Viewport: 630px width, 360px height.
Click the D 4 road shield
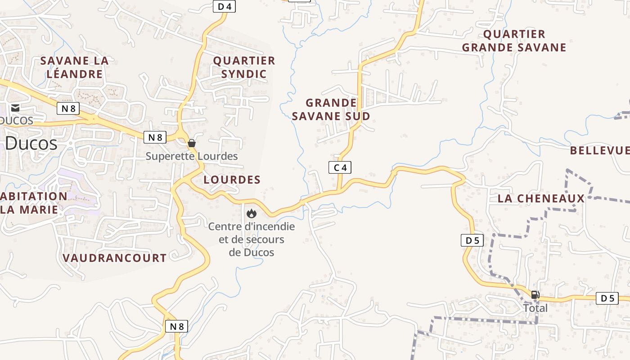click(x=224, y=6)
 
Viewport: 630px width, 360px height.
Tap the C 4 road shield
click(x=340, y=168)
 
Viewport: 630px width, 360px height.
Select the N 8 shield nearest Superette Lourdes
click(x=155, y=137)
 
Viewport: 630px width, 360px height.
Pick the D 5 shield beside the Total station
click(x=607, y=298)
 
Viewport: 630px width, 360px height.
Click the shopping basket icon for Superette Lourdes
click(x=192, y=143)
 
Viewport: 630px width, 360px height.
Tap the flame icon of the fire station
click(x=251, y=213)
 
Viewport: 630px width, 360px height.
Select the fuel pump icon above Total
click(x=535, y=295)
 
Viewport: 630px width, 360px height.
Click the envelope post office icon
click(x=15, y=108)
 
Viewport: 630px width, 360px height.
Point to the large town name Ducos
click(x=31, y=144)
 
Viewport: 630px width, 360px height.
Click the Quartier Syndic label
click(x=244, y=67)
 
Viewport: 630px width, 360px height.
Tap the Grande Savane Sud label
click(x=331, y=109)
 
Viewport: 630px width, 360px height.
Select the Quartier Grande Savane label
click(x=514, y=41)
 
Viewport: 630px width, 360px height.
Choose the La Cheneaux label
click(x=541, y=198)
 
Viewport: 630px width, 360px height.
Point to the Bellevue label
click(x=599, y=150)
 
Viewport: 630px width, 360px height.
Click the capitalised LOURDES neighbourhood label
click(x=232, y=180)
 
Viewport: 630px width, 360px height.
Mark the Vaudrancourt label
click(x=115, y=258)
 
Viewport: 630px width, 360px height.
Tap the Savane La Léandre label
click(x=75, y=67)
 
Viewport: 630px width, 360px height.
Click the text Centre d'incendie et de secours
click(x=252, y=233)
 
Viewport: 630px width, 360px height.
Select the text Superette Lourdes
click(x=192, y=156)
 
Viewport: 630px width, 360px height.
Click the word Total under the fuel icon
click(x=535, y=308)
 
